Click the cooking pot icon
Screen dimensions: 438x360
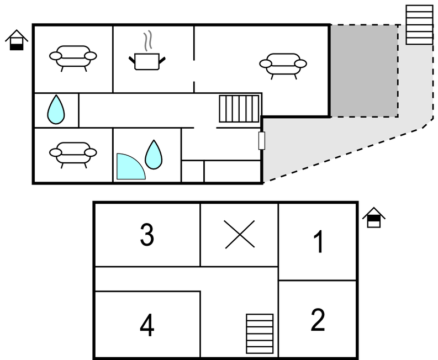tap(147, 61)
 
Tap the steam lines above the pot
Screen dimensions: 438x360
tap(149, 41)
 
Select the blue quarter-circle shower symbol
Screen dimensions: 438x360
tap(131, 166)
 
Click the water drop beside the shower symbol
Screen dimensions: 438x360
tap(154, 155)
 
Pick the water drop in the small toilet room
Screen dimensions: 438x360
tap(56, 109)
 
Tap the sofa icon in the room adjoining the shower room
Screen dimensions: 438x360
tap(73, 155)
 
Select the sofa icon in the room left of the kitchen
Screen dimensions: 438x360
tap(73, 59)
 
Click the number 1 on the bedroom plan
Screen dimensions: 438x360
tap(319, 242)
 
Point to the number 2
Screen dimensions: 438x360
tap(318, 320)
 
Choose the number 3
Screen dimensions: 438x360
tap(147, 235)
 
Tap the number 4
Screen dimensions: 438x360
tap(147, 325)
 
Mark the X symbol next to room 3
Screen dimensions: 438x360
tap(239, 234)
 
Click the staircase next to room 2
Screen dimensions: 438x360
tap(260, 333)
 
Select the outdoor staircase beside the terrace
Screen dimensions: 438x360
tap(419, 25)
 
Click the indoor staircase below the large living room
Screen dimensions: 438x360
tap(239, 109)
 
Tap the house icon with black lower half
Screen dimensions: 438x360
tap(17, 40)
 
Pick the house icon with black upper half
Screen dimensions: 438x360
tap(374, 218)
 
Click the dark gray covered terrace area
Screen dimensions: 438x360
tap(364, 71)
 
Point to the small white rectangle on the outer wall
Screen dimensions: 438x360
tap(262, 141)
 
